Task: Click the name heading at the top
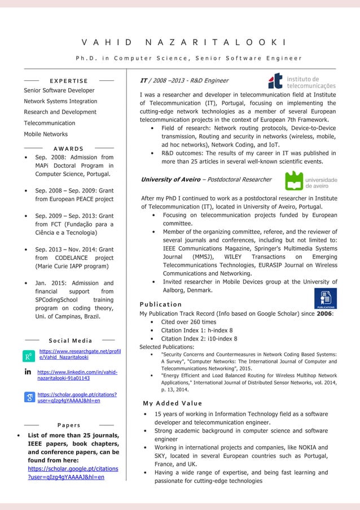[183, 43]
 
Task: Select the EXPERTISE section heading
[69, 81]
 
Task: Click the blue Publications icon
[325, 298]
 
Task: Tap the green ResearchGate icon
[28, 356]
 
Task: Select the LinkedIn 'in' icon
[28, 373]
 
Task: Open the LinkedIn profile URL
[77, 376]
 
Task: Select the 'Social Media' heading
[71, 341]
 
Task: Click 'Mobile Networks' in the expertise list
[46, 134]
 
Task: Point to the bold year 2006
[324, 313]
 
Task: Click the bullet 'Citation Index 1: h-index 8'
[196, 330]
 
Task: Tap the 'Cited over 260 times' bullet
[188, 322]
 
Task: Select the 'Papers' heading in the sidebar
[69, 425]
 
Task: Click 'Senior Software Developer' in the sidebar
[59, 90]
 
